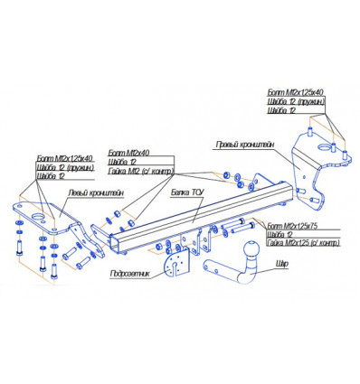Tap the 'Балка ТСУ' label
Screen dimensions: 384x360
pos(185,192)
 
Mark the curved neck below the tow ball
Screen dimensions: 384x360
pos(237,267)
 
